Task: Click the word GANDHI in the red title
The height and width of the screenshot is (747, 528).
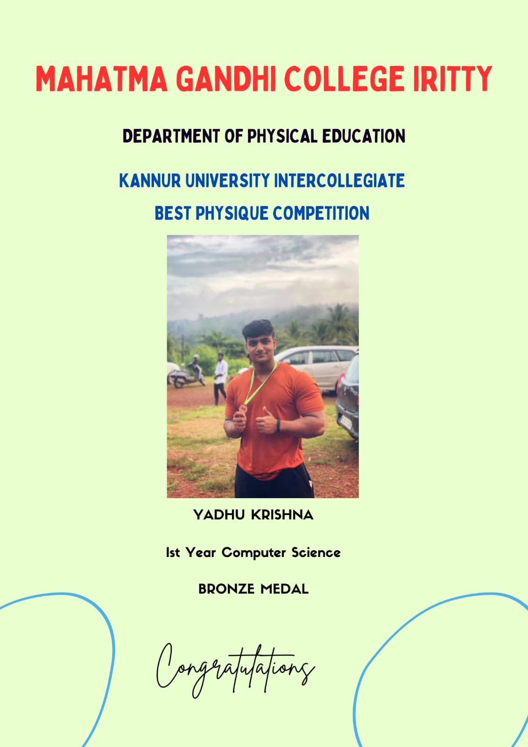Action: click(226, 79)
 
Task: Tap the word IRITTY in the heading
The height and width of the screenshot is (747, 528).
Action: click(453, 79)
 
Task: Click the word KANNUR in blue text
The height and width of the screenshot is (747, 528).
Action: click(150, 180)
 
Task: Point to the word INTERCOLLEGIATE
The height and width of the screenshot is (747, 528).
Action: click(339, 180)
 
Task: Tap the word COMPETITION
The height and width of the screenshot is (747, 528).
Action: click(321, 213)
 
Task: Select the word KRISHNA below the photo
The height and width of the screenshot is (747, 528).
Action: click(282, 515)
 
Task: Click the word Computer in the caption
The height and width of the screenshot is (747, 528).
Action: click(253, 552)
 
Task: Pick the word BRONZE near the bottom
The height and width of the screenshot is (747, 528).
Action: click(226, 589)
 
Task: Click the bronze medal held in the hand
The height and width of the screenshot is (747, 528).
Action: click(244, 408)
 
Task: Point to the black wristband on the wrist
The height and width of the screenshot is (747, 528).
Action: click(278, 425)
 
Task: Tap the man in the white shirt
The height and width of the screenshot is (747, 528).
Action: click(220, 379)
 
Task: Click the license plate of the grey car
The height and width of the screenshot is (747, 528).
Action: click(346, 423)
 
